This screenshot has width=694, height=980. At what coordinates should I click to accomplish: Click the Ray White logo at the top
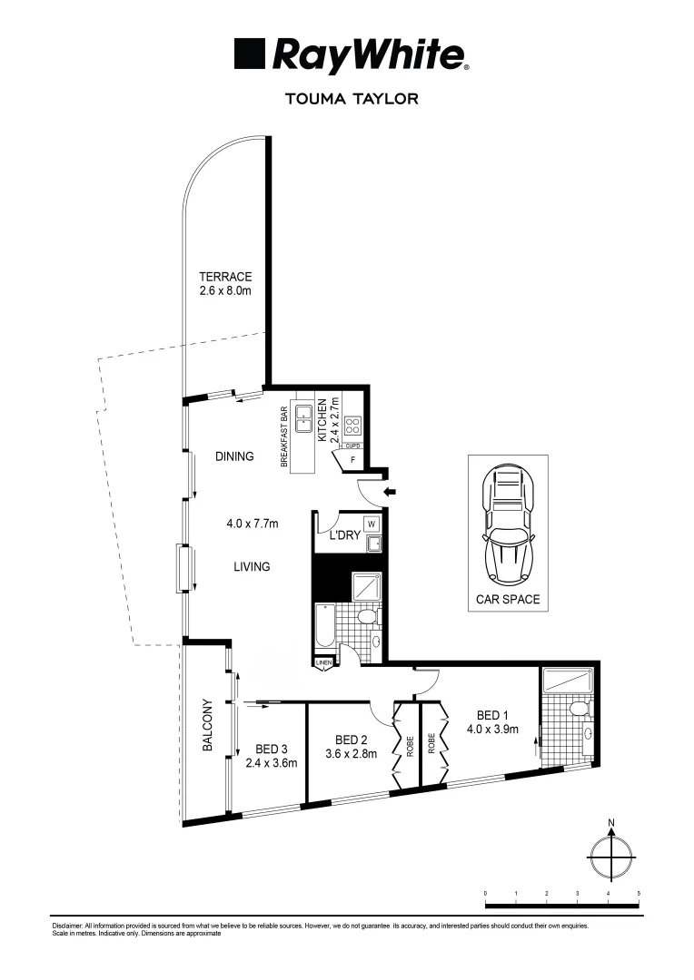[x=352, y=55]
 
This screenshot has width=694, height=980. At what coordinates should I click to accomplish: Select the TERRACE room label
[x=225, y=277]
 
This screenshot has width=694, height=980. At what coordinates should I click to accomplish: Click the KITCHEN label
[x=322, y=419]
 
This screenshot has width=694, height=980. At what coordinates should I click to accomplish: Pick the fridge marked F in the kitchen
[x=351, y=460]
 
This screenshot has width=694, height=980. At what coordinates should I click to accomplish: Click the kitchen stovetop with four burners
[x=352, y=425]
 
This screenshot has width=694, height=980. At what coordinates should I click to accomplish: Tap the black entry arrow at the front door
[x=391, y=492]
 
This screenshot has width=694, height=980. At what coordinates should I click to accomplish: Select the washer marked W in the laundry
[x=372, y=524]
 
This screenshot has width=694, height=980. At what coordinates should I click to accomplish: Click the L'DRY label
[x=344, y=536]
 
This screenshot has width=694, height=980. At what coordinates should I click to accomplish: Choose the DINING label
[x=234, y=456]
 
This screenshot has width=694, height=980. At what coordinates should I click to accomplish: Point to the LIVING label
[x=252, y=567]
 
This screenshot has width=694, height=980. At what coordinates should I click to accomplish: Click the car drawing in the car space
[x=508, y=524]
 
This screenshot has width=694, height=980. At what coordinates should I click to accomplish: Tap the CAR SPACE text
[x=508, y=599]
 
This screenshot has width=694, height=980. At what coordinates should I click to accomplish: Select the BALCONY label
[x=207, y=725]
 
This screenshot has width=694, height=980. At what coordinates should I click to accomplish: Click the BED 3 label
[x=272, y=750]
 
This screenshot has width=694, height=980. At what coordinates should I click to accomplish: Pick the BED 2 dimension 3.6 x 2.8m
[x=350, y=753]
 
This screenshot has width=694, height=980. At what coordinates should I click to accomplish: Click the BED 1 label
[x=481, y=713]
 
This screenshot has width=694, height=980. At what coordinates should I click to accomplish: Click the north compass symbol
[x=611, y=852]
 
